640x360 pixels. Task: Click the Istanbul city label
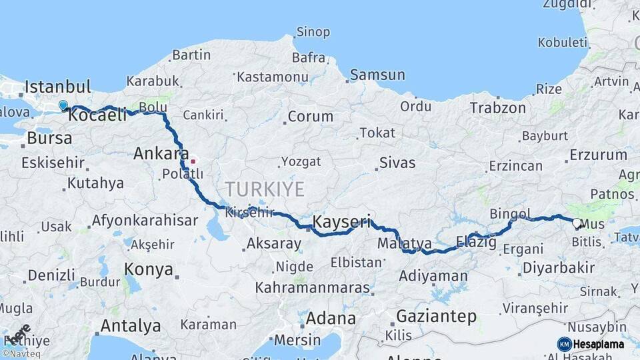tap(57, 87)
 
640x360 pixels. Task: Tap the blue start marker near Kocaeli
tap(63, 105)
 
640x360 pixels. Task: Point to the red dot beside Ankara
tap(193, 161)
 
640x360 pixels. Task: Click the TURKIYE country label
tap(265, 189)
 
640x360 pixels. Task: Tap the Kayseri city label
tap(341, 222)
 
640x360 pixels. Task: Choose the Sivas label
tap(397, 163)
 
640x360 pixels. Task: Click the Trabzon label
tap(497, 108)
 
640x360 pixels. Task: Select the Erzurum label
tap(598, 155)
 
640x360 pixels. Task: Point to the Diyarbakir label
tap(558, 268)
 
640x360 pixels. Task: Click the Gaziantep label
tap(436, 316)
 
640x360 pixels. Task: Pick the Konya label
tap(149, 270)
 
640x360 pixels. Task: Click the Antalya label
tap(130, 326)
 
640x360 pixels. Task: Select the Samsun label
tap(377, 75)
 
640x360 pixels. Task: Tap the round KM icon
tap(564, 344)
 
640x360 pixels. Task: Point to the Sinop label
tap(313, 32)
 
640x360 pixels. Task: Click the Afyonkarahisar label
tap(145, 220)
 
